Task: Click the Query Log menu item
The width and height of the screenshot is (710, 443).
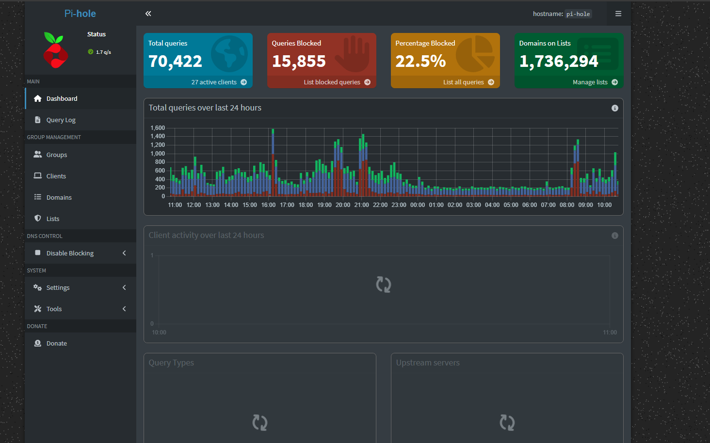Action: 61,120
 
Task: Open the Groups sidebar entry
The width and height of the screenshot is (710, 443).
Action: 56,155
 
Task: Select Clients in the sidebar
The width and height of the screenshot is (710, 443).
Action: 56,176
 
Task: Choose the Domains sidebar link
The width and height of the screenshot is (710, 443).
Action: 59,198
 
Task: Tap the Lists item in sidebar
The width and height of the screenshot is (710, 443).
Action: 52,219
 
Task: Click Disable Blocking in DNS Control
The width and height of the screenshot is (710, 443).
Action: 70,253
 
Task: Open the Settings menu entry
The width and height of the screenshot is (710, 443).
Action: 58,288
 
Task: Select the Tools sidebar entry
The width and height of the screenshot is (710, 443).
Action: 54,309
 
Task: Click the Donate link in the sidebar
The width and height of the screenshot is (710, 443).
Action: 56,344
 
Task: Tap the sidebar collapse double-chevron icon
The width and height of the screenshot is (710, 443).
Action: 148,14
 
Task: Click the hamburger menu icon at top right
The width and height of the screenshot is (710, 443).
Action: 618,14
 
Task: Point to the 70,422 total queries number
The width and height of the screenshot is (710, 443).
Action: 175,62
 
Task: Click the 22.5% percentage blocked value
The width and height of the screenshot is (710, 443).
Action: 420,62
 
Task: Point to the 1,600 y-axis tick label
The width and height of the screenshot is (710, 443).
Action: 158,128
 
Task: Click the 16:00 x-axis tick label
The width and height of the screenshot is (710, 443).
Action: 268,205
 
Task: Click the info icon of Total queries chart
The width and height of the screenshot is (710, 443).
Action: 614,108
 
